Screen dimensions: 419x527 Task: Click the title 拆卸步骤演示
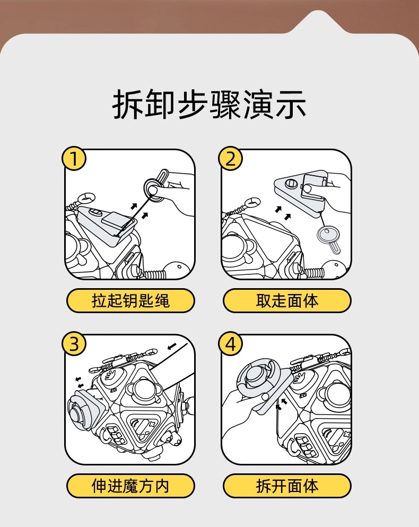coord(210,105)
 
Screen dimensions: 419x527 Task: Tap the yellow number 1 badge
coord(75,159)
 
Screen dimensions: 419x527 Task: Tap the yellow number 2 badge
coord(231,159)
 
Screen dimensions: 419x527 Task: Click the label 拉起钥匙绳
coord(130,301)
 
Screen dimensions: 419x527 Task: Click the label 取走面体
coord(287,301)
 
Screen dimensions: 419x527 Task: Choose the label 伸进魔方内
coord(130,486)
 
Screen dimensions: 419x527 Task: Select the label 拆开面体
coord(287,486)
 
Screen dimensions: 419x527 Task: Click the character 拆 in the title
coord(128,105)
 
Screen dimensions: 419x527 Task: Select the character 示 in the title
coord(291,105)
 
